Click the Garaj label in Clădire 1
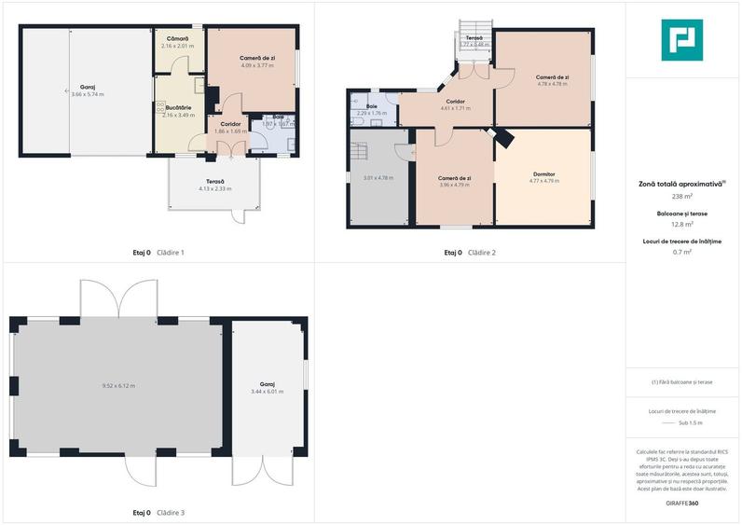[x=88, y=87]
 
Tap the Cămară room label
[x=177, y=38]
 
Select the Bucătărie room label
[x=177, y=108]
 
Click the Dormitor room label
[x=544, y=173]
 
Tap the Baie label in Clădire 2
[x=371, y=106]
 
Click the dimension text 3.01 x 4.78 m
[x=378, y=177]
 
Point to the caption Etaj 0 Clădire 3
[x=158, y=513]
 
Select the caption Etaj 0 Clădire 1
[x=158, y=253]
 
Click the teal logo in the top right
[x=681, y=40]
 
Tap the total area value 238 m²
[x=681, y=197]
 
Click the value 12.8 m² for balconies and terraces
[x=681, y=225]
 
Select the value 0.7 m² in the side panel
[x=681, y=252]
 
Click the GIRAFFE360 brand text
[x=681, y=504]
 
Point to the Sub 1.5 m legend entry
[x=690, y=422]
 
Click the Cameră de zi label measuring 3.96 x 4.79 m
[x=455, y=177]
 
